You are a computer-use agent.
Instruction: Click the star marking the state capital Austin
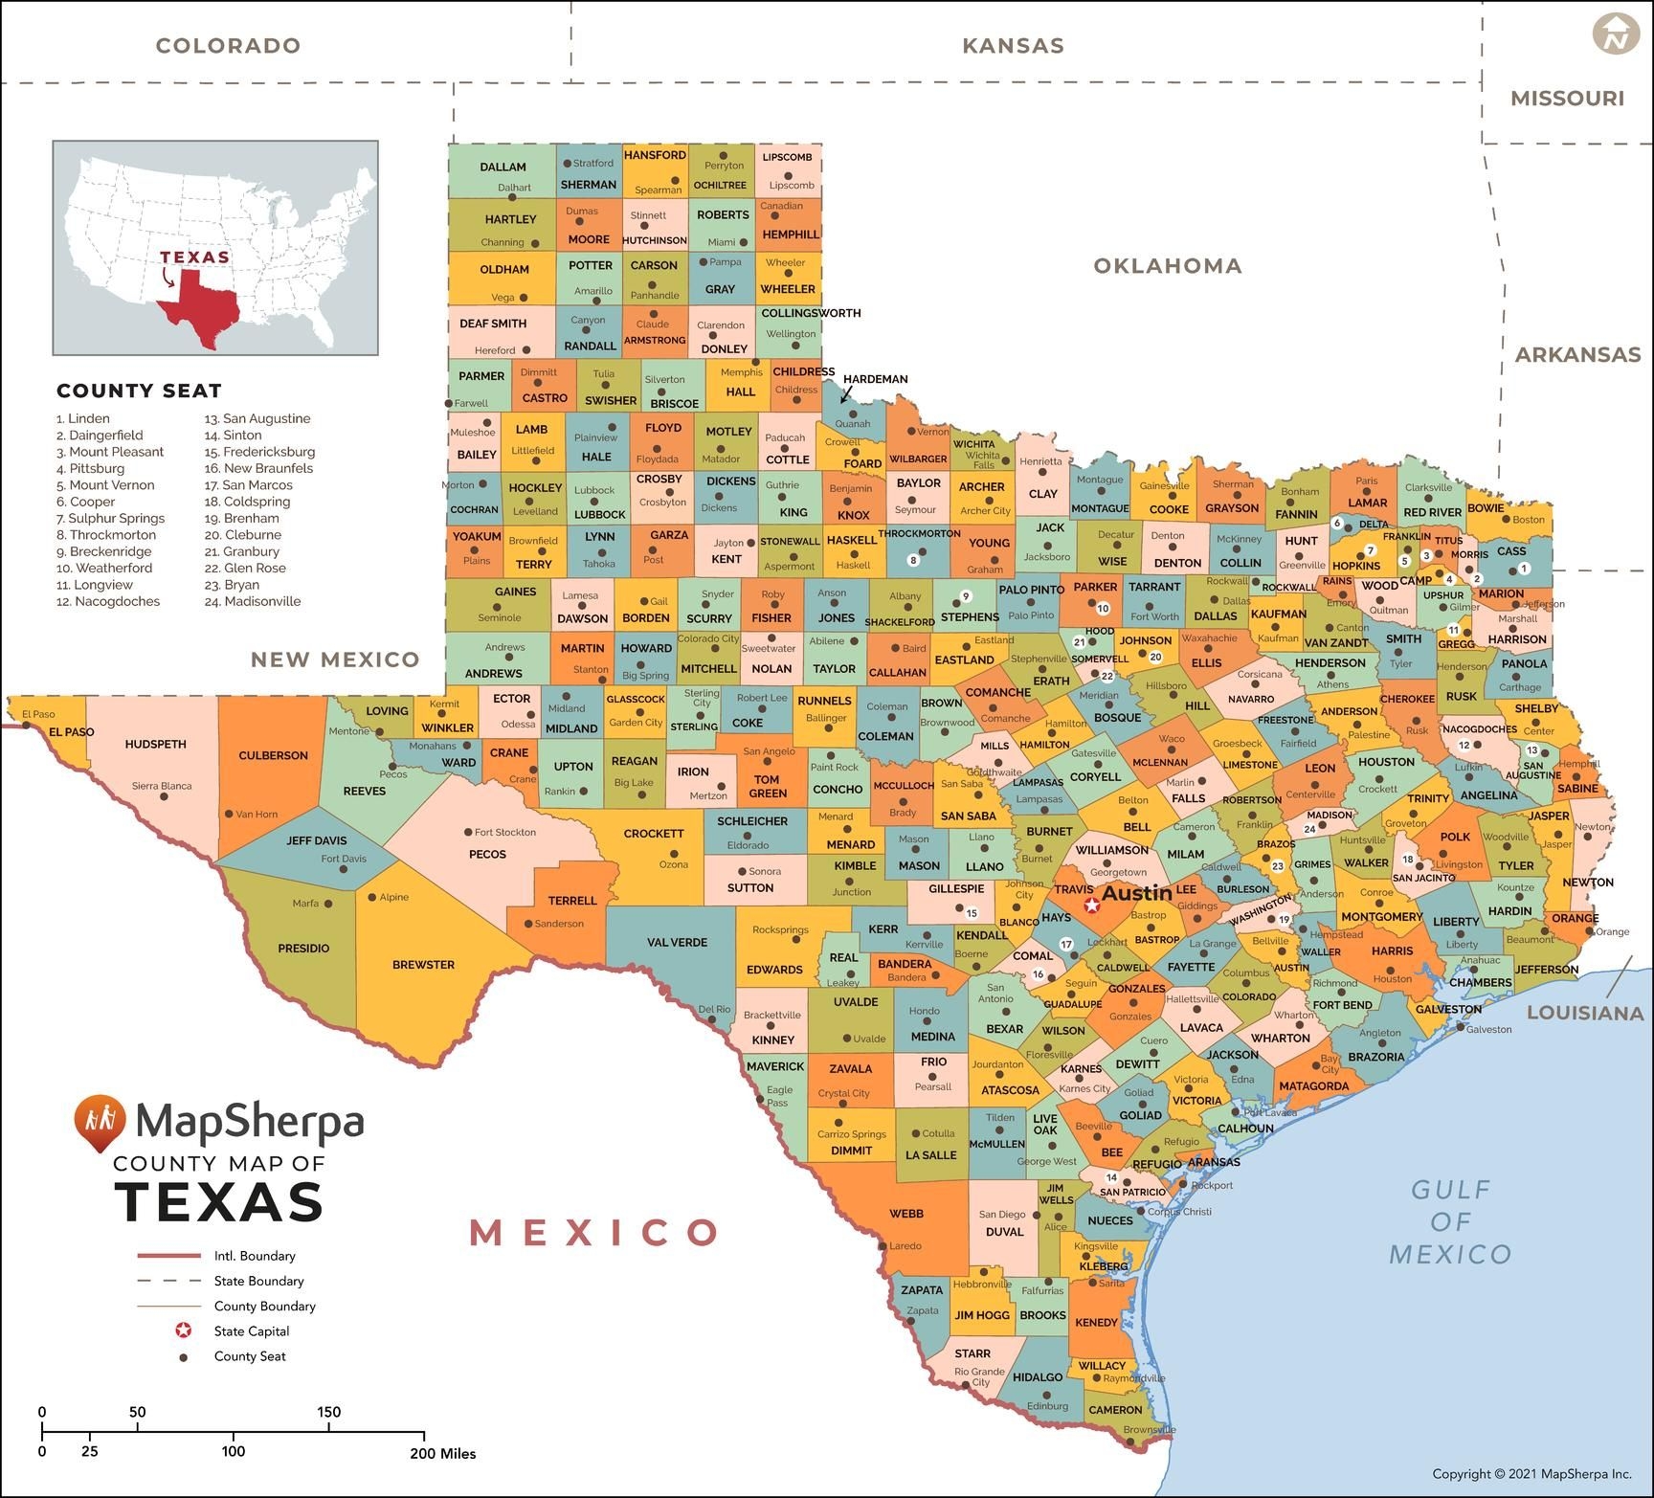click(1091, 905)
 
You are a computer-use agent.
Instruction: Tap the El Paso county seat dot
click(27, 726)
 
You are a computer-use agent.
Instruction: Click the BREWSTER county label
click(423, 965)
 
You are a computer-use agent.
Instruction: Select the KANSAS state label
click(1013, 45)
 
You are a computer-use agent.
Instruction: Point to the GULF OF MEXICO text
click(1450, 1221)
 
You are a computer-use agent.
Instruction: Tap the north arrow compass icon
click(1616, 34)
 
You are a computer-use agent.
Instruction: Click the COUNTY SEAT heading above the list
click(139, 391)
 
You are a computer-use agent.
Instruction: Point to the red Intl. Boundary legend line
click(168, 1256)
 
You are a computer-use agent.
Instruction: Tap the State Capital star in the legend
click(183, 1330)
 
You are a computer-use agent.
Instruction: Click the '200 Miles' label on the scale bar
click(443, 1453)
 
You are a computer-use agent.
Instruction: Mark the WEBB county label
click(906, 1214)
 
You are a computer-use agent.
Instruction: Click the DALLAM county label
click(503, 167)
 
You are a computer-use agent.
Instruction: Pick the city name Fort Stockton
click(505, 832)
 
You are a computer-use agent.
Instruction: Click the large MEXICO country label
click(593, 1233)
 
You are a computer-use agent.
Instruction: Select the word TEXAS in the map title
click(219, 1201)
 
